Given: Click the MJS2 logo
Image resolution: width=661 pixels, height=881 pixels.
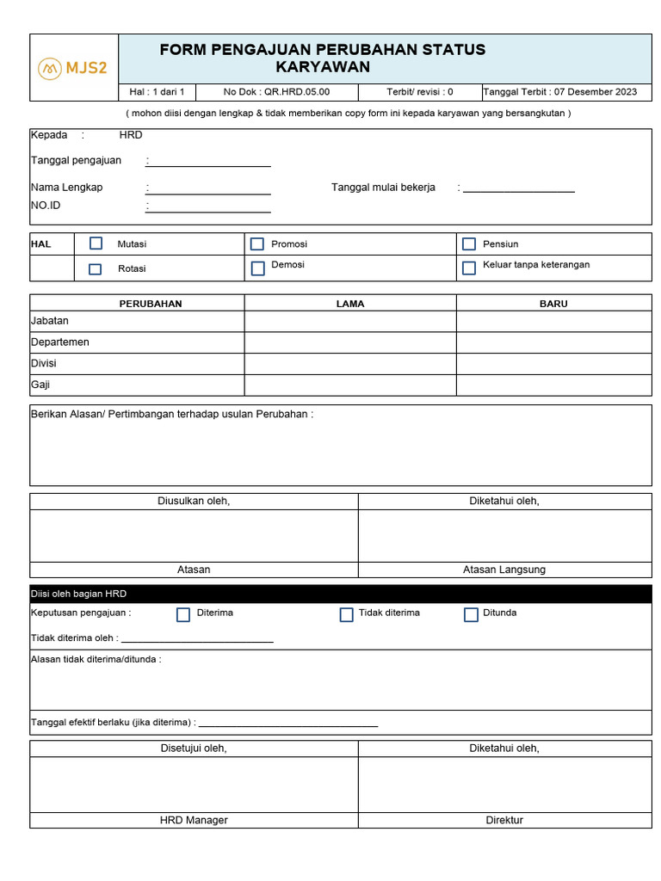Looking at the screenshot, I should coord(73,68).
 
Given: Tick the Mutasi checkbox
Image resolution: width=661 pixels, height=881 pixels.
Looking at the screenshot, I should coord(96,243).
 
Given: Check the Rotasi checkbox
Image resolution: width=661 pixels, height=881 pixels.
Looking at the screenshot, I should coord(96,268).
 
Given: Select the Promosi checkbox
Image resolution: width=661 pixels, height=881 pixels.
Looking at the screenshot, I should coord(257,244).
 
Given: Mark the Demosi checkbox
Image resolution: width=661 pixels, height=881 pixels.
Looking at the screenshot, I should coord(257,268).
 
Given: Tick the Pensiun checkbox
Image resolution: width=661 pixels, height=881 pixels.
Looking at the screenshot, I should coord(469,244).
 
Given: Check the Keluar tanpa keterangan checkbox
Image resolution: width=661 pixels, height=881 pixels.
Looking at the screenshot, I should coord(469,268).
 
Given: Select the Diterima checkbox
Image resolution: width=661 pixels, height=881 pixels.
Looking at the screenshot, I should coord(183,614).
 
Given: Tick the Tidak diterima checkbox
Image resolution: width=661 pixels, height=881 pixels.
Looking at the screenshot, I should coord(347,614).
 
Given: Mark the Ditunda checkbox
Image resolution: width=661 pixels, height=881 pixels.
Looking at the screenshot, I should coord(471,614).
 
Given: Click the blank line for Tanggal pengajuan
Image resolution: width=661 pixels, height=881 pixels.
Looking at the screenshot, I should coord(209,161).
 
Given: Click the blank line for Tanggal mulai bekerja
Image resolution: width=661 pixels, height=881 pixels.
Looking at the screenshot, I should coord(518,188).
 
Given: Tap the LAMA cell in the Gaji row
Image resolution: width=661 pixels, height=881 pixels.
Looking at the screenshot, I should coord(350,385).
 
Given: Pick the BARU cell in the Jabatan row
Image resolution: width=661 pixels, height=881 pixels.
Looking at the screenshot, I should coord(553,321).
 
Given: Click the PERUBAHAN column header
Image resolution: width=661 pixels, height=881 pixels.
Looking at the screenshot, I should coord(151,304).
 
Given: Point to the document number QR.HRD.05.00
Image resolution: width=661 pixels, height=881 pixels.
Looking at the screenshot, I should coord(297,92).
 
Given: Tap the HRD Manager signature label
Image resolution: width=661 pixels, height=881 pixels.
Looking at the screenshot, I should coord(194,820).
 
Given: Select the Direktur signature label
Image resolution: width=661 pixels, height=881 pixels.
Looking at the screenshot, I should coord(504,820).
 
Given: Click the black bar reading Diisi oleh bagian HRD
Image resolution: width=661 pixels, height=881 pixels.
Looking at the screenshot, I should coord(341,594).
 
